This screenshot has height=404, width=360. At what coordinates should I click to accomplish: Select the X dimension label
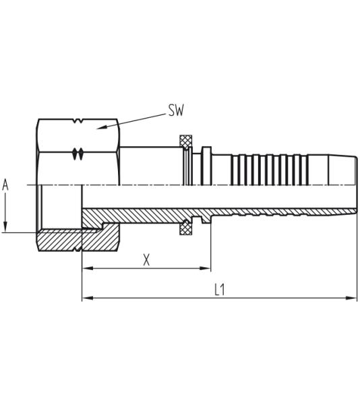(x=146, y=260)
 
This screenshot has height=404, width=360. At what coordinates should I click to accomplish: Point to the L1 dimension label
(x=219, y=290)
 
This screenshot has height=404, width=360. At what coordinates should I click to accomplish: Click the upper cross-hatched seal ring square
(x=185, y=141)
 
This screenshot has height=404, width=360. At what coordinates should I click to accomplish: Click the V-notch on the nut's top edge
(x=78, y=122)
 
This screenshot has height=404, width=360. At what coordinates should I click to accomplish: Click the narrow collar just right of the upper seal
(x=206, y=165)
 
